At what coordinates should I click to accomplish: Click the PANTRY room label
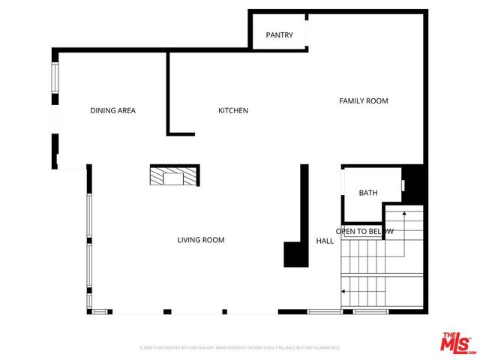pyautogui.click(x=280, y=35)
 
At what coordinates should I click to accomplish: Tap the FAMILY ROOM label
pyautogui.click(x=364, y=100)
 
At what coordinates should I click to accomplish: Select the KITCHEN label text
pyautogui.click(x=233, y=111)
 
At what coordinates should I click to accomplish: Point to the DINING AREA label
pyautogui.click(x=112, y=111)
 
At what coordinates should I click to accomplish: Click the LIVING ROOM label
pyautogui.click(x=201, y=240)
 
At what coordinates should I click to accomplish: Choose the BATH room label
pyautogui.click(x=368, y=193)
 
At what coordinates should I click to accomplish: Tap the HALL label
pyautogui.click(x=325, y=241)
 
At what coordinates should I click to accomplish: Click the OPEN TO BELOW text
pyautogui.click(x=364, y=232)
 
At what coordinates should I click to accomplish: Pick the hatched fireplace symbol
pyautogui.click(x=174, y=176)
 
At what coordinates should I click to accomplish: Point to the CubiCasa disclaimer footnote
pyautogui.click(x=240, y=348)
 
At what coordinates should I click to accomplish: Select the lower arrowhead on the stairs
pyautogui.click(x=343, y=290)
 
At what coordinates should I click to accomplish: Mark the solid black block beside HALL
pyautogui.click(x=295, y=254)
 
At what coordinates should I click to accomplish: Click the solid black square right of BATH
pyautogui.click(x=416, y=183)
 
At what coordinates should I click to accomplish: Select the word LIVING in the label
pyautogui.click(x=189, y=240)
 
